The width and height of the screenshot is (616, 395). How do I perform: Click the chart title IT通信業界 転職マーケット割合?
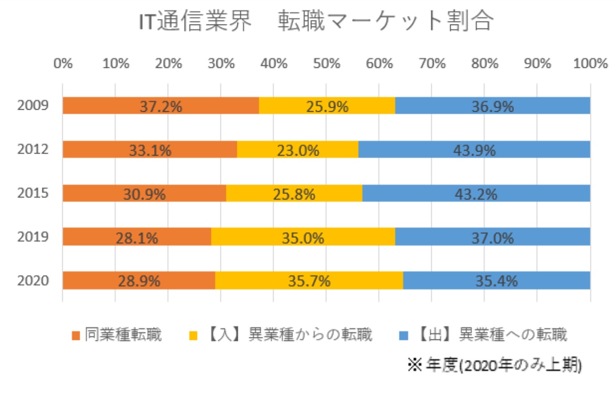(x=316, y=23)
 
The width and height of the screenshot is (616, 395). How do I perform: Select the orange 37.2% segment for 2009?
(x=161, y=106)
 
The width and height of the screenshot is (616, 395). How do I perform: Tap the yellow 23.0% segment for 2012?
(x=298, y=150)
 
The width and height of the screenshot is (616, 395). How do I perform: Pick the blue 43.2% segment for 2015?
(x=476, y=193)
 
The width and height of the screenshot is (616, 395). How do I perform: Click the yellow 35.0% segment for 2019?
(x=303, y=237)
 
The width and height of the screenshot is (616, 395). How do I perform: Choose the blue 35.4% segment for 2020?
(x=497, y=281)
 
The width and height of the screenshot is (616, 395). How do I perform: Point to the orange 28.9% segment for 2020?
(x=139, y=281)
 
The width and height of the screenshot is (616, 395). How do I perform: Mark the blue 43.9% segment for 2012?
(x=474, y=150)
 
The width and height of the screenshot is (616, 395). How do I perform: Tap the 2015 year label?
(x=32, y=193)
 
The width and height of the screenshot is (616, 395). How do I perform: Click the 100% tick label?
(x=590, y=64)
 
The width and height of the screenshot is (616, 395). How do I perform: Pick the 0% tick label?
(x=63, y=64)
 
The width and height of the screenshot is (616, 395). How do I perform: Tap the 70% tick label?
(x=432, y=64)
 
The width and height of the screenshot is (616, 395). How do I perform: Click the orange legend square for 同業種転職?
(x=76, y=336)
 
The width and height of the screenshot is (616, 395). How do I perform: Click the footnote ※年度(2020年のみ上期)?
(x=494, y=365)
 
